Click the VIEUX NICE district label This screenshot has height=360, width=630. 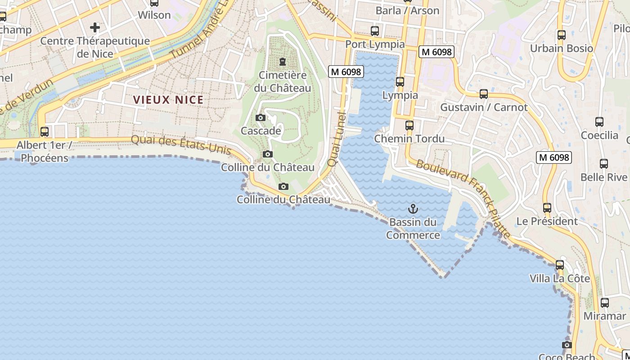168,100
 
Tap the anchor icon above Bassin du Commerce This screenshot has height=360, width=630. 413,209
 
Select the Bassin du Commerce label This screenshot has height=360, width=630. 413,229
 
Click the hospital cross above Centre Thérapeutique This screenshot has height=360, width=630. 94,27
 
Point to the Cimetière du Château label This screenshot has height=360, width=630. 283,81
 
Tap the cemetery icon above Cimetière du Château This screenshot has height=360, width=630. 283,61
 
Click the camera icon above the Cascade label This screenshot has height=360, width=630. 260,118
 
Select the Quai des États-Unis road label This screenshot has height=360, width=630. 181,145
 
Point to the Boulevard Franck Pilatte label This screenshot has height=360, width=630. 463,198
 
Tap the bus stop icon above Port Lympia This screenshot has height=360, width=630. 374,31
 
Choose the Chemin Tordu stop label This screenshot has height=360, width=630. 409,139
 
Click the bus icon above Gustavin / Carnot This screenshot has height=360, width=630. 484,94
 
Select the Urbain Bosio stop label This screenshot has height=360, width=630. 561,48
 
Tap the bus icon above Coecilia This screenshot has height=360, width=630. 599,122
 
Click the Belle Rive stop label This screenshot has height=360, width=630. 603,177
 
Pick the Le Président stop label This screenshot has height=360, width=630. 547,221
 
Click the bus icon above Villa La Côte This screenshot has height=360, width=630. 560,265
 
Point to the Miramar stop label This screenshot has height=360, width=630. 604,316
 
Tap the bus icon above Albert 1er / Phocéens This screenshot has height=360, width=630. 44,132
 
